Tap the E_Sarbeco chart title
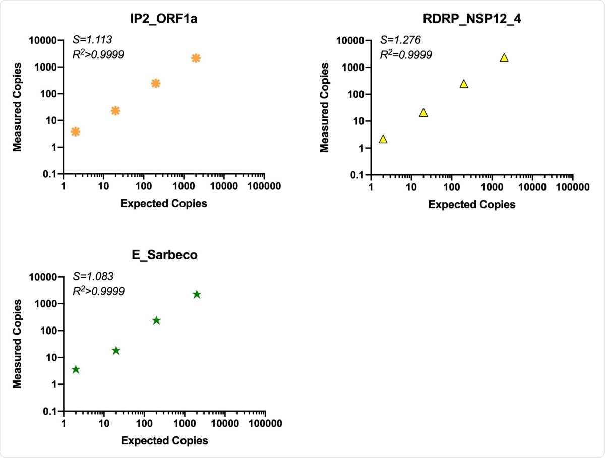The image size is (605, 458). pyautogui.click(x=164, y=255)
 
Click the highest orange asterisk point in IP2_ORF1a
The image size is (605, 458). pyautogui.click(x=196, y=58)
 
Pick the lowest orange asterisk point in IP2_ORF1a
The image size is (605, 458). pyautogui.click(x=75, y=132)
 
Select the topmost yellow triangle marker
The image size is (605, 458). pyautogui.click(x=504, y=58)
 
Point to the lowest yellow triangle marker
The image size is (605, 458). pyautogui.click(x=383, y=139)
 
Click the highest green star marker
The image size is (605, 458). pyautogui.click(x=197, y=295)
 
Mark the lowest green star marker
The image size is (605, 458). pyautogui.click(x=76, y=370)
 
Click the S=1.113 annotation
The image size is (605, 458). pyautogui.click(x=91, y=39)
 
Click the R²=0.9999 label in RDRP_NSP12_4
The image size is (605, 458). pyautogui.click(x=406, y=54)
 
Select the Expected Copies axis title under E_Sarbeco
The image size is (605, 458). pyautogui.click(x=164, y=440)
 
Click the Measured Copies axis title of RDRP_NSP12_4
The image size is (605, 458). pyautogui.click(x=325, y=107)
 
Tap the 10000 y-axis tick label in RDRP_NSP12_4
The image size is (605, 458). pyautogui.click(x=351, y=40)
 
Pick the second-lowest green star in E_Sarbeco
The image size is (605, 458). pyautogui.click(x=116, y=351)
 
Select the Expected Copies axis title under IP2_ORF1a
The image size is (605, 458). pyautogui.click(x=164, y=203)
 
